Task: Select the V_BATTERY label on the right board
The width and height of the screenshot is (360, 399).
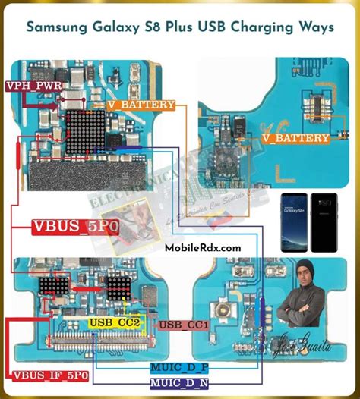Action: [295, 139]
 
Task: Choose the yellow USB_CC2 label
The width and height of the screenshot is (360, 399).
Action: [114, 322]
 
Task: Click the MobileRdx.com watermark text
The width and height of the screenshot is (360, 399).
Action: [203, 247]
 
